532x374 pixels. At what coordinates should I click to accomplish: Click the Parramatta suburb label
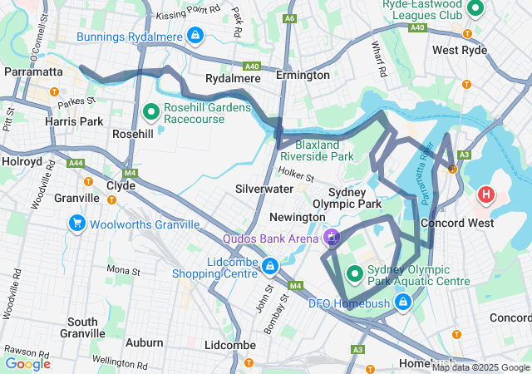[x=33, y=71]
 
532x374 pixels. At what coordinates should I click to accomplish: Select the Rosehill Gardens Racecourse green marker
[x=151, y=110]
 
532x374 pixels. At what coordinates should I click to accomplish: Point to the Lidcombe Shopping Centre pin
[x=269, y=266]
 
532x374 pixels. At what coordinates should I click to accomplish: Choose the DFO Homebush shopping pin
[x=403, y=300]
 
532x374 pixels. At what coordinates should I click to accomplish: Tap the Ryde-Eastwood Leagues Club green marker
[x=476, y=9]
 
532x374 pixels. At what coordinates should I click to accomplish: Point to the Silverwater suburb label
[x=265, y=189]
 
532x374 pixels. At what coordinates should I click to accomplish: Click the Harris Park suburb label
[x=75, y=121]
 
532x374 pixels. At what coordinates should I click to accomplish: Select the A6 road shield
[x=289, y=17]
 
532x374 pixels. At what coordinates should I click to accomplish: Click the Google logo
[x=27, y=363]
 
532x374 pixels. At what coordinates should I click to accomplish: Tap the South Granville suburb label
[x=83, y=327]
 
